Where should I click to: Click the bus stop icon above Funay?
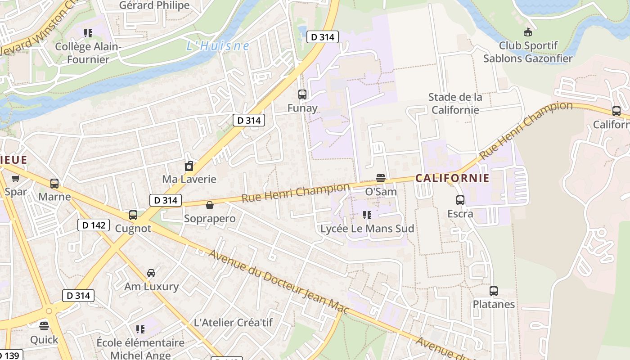(x=302, y=94)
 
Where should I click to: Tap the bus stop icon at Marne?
(x=54, y=184)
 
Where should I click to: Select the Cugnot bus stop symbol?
(x=133, y=215)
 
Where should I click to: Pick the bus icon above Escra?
(x=460, y=200)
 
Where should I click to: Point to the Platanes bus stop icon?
(x=494, y=291)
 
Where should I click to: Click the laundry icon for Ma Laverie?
(x=189, y=166)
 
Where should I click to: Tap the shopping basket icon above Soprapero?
(x=210, y=206)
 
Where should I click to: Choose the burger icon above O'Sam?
(x=381, y=178)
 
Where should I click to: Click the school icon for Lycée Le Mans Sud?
(x=367, y=215)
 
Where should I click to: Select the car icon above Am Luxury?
(x=151, y=273)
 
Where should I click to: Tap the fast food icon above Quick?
(x=44, y=326)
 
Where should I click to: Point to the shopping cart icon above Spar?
(x=16, y=179)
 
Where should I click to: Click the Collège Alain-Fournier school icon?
(x=88, y=33)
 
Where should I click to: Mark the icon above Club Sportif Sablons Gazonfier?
(x=527, y=32)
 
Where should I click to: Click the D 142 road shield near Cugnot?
(x=94, y=225)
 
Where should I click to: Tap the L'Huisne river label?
(x=218, y=46)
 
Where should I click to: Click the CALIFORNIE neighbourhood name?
(x=452, y=178)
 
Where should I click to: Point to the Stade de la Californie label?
(x=455, y=103)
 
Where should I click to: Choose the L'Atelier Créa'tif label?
(x=233, y=323)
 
